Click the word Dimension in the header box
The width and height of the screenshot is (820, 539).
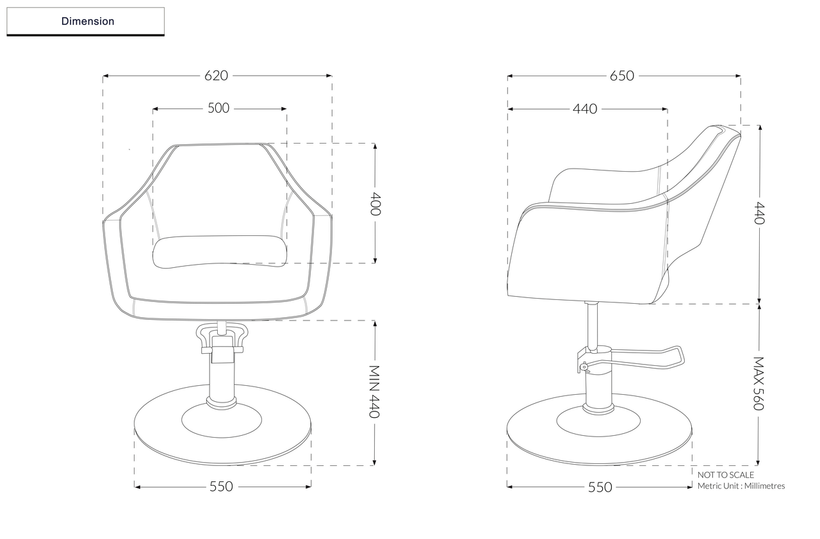tap(88, 21)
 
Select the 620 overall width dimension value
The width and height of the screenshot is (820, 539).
tap(217, 76)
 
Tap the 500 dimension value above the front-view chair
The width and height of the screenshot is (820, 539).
tap(218, 108)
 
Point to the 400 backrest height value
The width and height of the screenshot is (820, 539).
tap(375, 203)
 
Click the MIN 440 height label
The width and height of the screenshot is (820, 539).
tap(375, 392)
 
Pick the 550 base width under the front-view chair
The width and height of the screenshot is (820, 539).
tap(222, 486)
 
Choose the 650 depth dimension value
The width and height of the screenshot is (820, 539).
tap(622, 76)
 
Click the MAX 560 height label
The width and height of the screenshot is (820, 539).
tap(758, 383)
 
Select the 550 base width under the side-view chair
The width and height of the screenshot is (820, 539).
tap(600, 487)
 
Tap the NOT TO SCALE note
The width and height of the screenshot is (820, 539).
tap(726, 475)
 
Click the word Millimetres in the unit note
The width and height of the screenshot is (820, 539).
tap(762, 486)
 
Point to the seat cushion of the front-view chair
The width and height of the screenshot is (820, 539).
tap(219, 250)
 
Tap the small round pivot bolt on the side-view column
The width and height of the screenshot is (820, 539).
tap(583, 367)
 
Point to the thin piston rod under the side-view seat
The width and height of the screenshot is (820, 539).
tap(593, 324)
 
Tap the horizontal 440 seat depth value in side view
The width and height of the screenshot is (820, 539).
tap(585, 109)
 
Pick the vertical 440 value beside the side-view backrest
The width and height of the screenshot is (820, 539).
tap(759, 213)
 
